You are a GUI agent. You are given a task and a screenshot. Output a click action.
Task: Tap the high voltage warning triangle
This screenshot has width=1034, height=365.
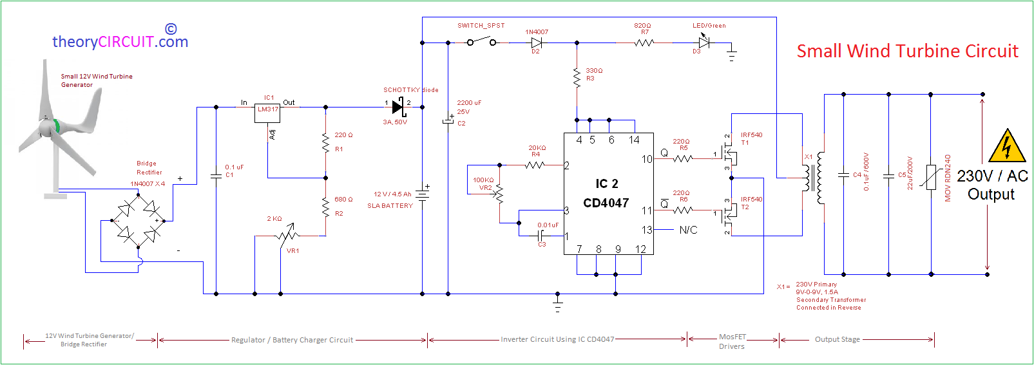(1006, 146)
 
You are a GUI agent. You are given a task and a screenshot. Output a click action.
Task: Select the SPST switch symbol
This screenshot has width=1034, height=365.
(481, 42)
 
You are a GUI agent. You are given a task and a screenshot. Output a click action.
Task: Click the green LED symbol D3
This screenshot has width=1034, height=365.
(704, 42)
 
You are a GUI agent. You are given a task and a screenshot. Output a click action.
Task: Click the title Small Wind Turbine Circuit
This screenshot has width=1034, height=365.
(907, 51)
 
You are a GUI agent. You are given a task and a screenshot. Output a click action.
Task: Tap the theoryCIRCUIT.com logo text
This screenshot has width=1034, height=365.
(120, 42)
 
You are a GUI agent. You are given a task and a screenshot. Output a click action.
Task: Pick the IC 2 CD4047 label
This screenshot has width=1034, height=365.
(606, 193)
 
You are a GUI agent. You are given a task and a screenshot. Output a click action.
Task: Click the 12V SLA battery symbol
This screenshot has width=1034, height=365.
(422, 194)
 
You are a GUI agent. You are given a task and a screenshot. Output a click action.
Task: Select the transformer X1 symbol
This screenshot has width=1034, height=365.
(812, 178)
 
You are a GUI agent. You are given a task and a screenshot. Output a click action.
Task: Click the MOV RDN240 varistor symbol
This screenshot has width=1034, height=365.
(931, 177)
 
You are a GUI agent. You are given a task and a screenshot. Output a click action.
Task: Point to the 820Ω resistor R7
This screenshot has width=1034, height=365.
(644, 42)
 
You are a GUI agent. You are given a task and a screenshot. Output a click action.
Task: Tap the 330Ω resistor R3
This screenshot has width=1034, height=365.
(577, 77)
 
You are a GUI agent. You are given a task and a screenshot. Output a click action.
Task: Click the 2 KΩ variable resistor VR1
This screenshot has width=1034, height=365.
(287, 235)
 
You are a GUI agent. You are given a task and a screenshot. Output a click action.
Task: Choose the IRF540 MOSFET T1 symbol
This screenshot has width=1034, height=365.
(729, 154)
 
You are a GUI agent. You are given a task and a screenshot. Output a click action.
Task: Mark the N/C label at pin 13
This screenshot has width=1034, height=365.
(688, 230)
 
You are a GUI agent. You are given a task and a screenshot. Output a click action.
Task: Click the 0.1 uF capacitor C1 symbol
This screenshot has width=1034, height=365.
(216, 174)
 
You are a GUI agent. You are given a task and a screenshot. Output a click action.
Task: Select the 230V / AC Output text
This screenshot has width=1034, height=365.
(991, 185)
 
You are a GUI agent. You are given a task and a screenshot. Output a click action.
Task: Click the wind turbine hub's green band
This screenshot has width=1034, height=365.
(57, 126)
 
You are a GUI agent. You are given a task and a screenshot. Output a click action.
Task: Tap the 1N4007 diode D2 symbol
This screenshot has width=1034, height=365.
(536, 42)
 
